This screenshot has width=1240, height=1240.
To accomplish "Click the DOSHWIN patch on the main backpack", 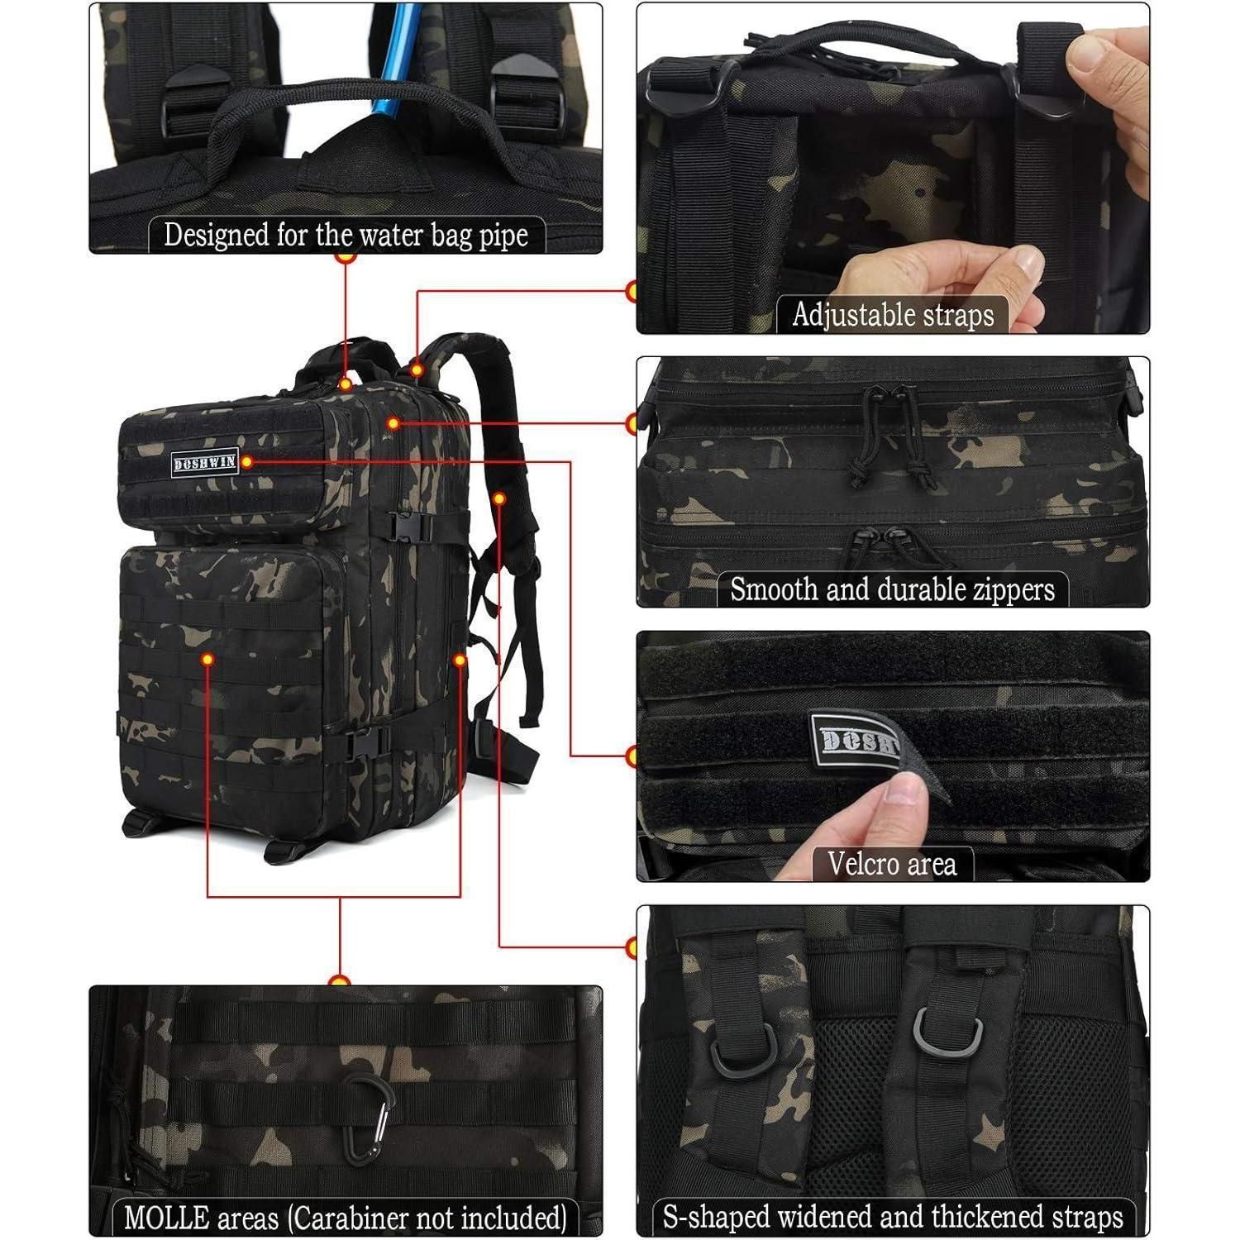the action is [x=204, y=462].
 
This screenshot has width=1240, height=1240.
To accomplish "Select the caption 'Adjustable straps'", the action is [x=893, y=315].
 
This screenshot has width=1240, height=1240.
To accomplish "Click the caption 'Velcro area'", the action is [x=892, y=864].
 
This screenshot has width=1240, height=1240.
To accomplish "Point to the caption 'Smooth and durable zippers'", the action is [x=893, y=589].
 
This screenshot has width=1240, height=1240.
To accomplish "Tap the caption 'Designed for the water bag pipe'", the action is [x=346, y=235].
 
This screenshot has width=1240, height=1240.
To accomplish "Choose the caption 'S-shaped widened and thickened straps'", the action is [x=893, y=1217].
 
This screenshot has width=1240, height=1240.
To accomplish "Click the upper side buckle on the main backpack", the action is [x=412, y=527].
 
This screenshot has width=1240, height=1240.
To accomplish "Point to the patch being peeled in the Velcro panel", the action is [x=860, y=740].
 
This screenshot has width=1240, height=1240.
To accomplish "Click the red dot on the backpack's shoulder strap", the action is [x=499, y=498].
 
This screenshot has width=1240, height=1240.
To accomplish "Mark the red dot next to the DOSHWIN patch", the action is [x=246, y=461].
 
